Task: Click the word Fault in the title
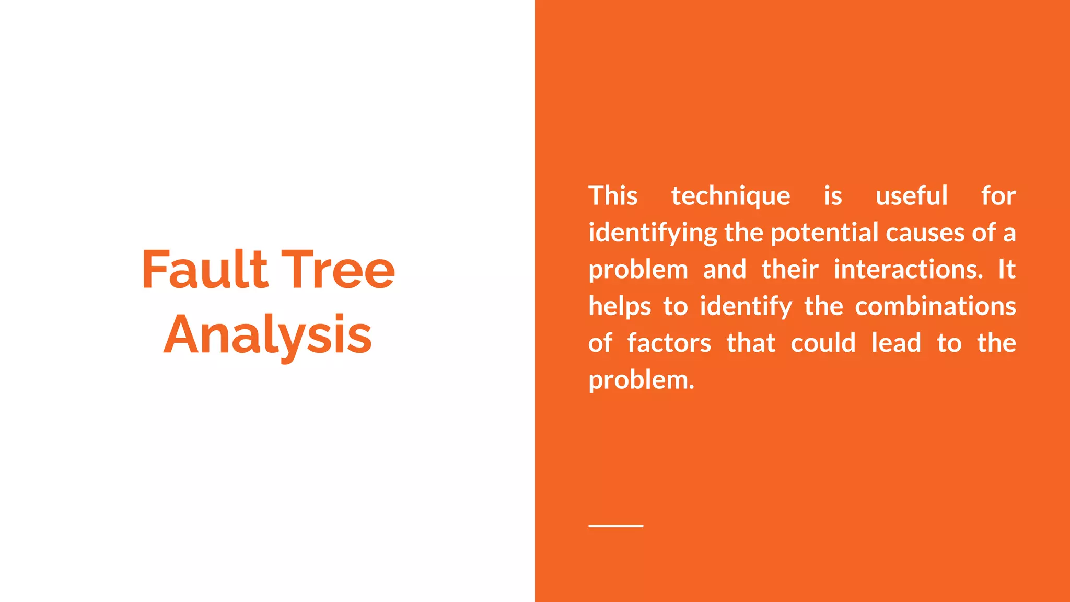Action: pos(205,270)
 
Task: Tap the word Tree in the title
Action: pos(338,270)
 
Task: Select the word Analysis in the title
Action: pos(267,335)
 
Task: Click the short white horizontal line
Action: pos(615,526)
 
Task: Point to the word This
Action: pos(613,196)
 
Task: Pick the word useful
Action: pos(911,196)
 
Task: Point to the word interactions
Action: pos(908,270)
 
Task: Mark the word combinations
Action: pos(935,306)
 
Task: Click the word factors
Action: pos(669,343)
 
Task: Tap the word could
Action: pos(823,343)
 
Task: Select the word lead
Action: pos(896,343)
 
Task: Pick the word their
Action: pos(789,270)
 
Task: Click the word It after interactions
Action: pos(1007,270)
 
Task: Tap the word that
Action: pos(751,343)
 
